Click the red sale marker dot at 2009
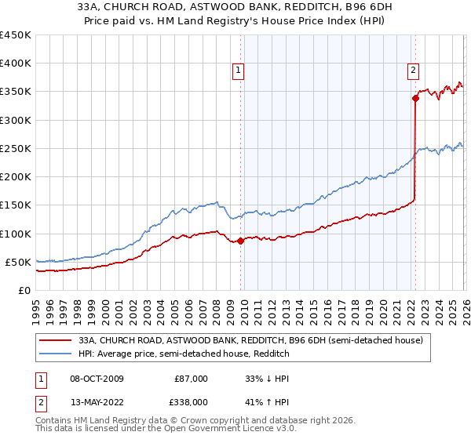point(240,241)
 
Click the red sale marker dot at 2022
point(414,98)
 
